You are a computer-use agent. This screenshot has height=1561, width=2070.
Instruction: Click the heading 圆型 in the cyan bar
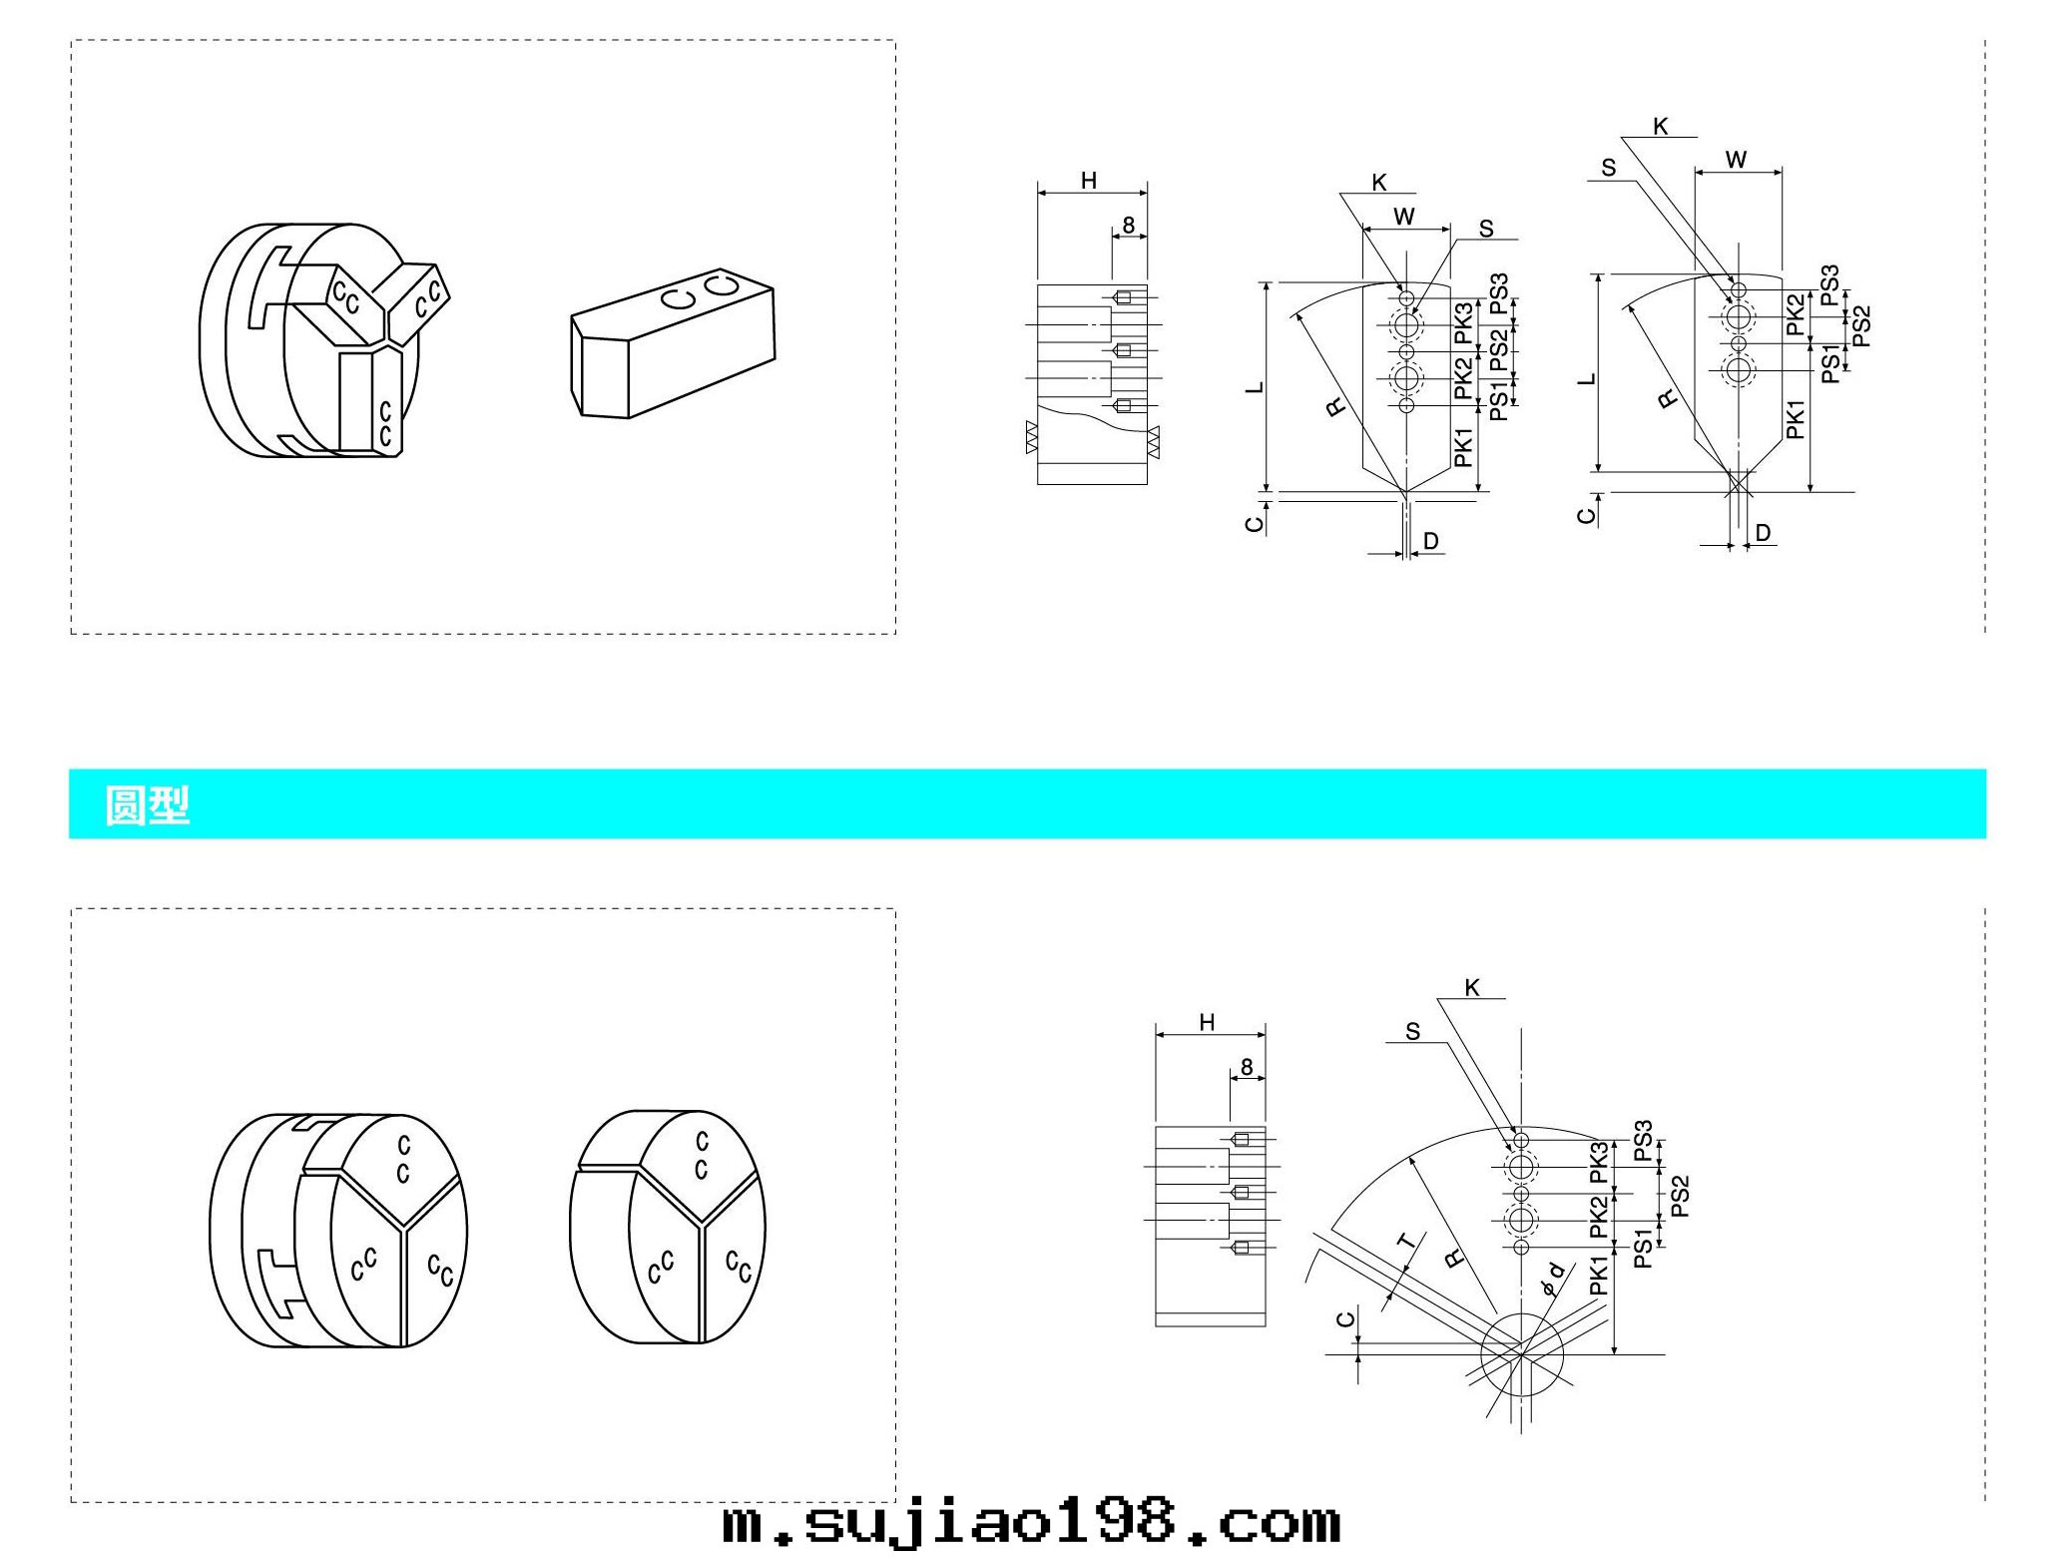point(147,804)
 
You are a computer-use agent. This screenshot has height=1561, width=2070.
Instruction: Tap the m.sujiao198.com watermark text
point(1031,1524)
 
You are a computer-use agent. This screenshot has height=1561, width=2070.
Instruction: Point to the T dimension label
point(1407,1243)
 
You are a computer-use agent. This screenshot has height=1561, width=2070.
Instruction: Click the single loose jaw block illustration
point(673,342)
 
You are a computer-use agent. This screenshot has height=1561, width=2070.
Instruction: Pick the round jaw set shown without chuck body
point(667,1227)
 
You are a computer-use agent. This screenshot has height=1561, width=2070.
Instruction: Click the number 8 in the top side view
point(1128,225)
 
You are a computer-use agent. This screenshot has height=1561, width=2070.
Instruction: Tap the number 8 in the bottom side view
point(1247,1067)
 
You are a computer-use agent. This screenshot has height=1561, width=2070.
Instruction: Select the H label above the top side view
point(1089,181)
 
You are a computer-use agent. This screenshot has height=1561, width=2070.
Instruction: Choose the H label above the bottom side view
point(1207,1022)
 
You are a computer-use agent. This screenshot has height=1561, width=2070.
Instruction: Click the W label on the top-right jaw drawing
point(1736,160)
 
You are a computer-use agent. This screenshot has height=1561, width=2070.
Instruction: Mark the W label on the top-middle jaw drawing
point(1403,217)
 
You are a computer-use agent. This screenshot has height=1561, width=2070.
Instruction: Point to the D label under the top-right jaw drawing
point(1763,533)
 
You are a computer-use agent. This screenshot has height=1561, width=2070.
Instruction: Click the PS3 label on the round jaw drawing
point(1643,1141)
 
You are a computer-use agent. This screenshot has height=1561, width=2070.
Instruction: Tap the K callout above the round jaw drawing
point(1472,988)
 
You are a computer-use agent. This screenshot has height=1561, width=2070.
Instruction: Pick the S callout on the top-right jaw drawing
point(1608,168)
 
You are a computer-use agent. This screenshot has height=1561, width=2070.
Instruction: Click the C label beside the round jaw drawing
point(1345,1319)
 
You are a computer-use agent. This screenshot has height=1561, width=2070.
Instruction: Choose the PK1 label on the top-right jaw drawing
point(1796,419)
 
